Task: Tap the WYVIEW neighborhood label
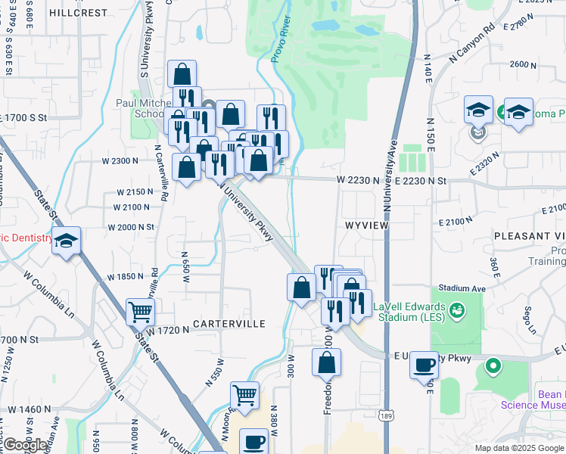(x=369, y=225)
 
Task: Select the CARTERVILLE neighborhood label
(x=229, y=324)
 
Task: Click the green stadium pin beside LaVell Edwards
(x=456, y=309)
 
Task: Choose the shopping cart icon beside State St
(x=139, y=310)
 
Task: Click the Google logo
(x=26, y=445)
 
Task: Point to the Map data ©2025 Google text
(x=519, y=448)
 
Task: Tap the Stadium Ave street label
(x=461, y=288)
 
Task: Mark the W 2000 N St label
(x=130, y=227)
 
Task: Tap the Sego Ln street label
(x=530, y=321)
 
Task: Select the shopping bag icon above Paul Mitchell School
(x=182, y=73)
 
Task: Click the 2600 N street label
(x=523, y=64)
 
